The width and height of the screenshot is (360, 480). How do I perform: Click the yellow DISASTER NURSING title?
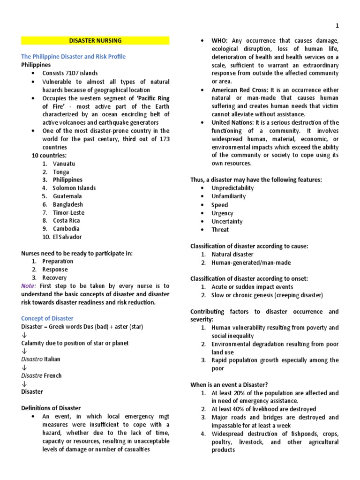(95, 41)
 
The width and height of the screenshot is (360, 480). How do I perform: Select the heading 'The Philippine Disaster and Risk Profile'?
(73, 57)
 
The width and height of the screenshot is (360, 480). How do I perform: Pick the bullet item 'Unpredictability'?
(232, 188)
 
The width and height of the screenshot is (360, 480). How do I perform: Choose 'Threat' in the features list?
(220, 230)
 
